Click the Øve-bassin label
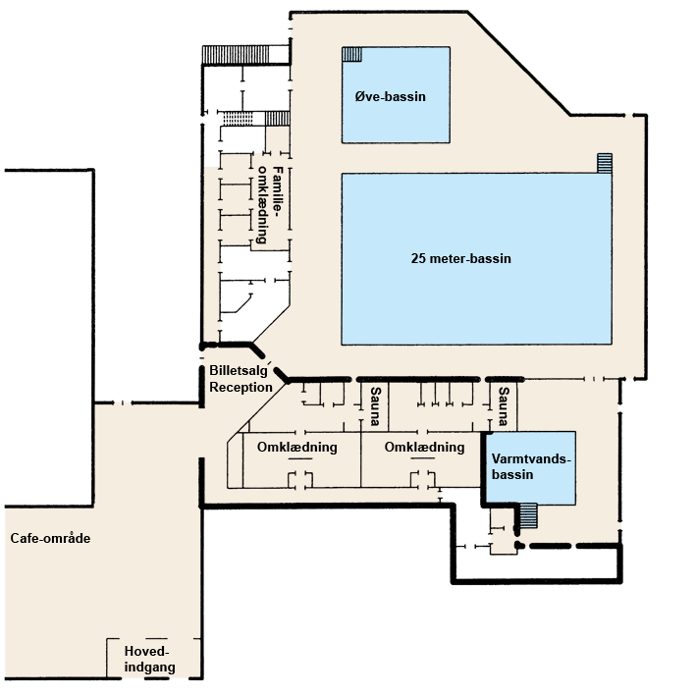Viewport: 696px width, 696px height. coord(390,96)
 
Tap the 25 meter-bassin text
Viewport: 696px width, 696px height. coord(460,258)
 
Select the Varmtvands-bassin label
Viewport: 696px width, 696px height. coord(531,466)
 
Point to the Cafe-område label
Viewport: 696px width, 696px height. coord(50,538)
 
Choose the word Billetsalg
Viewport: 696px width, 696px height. coord(239,371)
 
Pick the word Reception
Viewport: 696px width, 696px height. coord(241,388)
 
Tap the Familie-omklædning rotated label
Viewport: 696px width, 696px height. coord(270,205)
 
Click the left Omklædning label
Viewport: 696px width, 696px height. coord(297,447)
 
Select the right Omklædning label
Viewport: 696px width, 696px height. coord(424,447)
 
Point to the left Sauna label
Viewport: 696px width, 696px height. coord(376,406)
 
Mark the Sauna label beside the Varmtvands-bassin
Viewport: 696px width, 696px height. coord(504,406)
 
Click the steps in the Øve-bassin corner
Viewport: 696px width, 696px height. coord(352,55)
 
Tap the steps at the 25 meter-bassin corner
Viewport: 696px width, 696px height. coord(605,163)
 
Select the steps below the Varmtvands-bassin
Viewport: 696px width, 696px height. coord(528,515)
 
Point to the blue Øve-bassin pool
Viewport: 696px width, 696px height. coord(396,95)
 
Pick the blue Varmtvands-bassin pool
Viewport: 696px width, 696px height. coord(531,468)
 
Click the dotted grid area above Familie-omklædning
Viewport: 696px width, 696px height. coord(238,119)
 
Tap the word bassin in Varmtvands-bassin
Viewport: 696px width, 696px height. coord(512,474)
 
